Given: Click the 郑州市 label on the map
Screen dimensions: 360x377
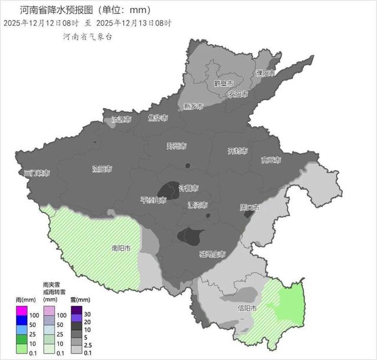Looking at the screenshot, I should [176, 146].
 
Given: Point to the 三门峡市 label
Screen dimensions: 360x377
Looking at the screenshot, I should [37, 173].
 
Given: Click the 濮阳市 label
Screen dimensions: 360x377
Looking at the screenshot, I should [265, 73].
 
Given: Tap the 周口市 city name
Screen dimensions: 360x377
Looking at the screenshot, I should [250, 207].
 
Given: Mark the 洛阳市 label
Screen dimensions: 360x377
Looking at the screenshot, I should [102, 169].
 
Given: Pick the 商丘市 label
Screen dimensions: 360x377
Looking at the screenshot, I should [271, 160].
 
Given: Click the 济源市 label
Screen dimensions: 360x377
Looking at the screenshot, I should [121, 119].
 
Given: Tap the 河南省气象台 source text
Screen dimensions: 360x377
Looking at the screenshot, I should [87, 37].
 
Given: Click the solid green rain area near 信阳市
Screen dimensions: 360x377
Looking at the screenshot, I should [289, 303].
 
